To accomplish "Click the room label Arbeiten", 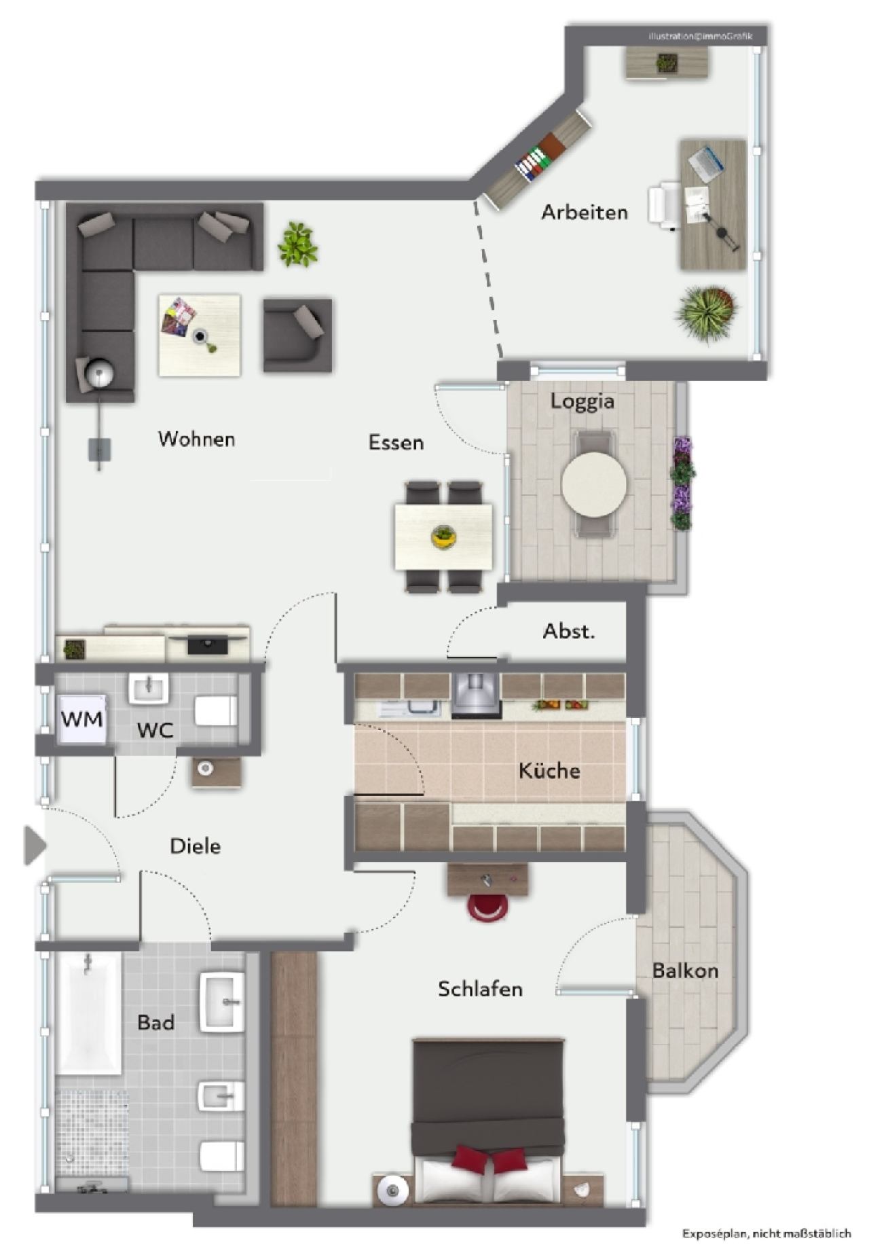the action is (x=584, y=213).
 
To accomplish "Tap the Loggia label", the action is (x=583, y=401).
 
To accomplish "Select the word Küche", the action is (x=549, y=770).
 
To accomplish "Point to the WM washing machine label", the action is (x=82, y=719).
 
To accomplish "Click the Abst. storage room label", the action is (x=569, y=631).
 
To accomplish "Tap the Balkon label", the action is (x=685, y=971).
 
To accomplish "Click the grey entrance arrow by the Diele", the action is (x=35, y=846).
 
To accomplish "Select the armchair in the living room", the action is (x=297, y=335).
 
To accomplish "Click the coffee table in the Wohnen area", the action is (x=200, y=335).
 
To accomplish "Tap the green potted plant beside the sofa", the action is (x=297, y=244).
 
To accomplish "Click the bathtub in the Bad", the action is (x=89, y=1013).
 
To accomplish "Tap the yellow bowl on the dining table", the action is (x=443, y=537).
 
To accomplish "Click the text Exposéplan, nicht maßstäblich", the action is (x=766, y=1233).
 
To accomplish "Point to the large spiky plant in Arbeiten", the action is (x=707, y=313).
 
